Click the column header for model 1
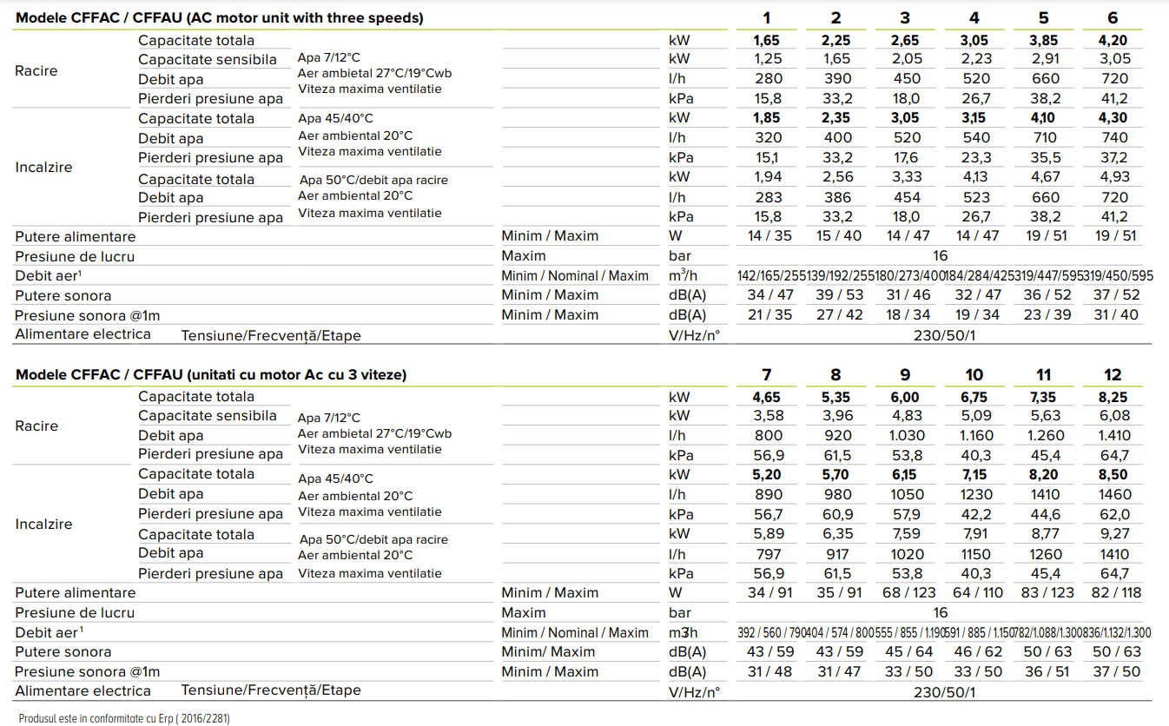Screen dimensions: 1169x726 tap(766, 18)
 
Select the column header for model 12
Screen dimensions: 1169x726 tap(1113, 375)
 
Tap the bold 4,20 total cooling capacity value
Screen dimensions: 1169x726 tap(1113, 40)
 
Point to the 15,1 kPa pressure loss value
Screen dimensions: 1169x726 tap(768, 157)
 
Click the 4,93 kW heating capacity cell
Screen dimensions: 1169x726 tap(1114, 177)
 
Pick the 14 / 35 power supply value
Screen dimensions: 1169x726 tap(769, 236)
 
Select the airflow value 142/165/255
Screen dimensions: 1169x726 tap(771, 275)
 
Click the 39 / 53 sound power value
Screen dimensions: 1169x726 tap(839, 295)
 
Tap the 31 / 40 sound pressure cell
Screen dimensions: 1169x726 tap(1116, 314)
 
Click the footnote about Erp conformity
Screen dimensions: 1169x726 tap(124, 719)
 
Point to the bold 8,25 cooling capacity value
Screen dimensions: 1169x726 tap(1113, 397)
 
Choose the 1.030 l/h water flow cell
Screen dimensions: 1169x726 tap(907, 435)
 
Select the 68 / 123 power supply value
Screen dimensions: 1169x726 tap(908, 593)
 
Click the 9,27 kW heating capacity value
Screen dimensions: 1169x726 tap(1114, 533)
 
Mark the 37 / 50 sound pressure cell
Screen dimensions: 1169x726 tap(1116, 671)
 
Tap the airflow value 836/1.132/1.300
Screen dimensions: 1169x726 tap(1117, 633)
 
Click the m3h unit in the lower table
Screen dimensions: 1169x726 tap(683, 633)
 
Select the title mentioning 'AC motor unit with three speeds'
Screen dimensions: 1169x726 tap(219, 18)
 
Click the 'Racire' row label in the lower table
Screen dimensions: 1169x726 tap(36, 426)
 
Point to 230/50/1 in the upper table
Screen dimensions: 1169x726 tap(944, 335)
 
